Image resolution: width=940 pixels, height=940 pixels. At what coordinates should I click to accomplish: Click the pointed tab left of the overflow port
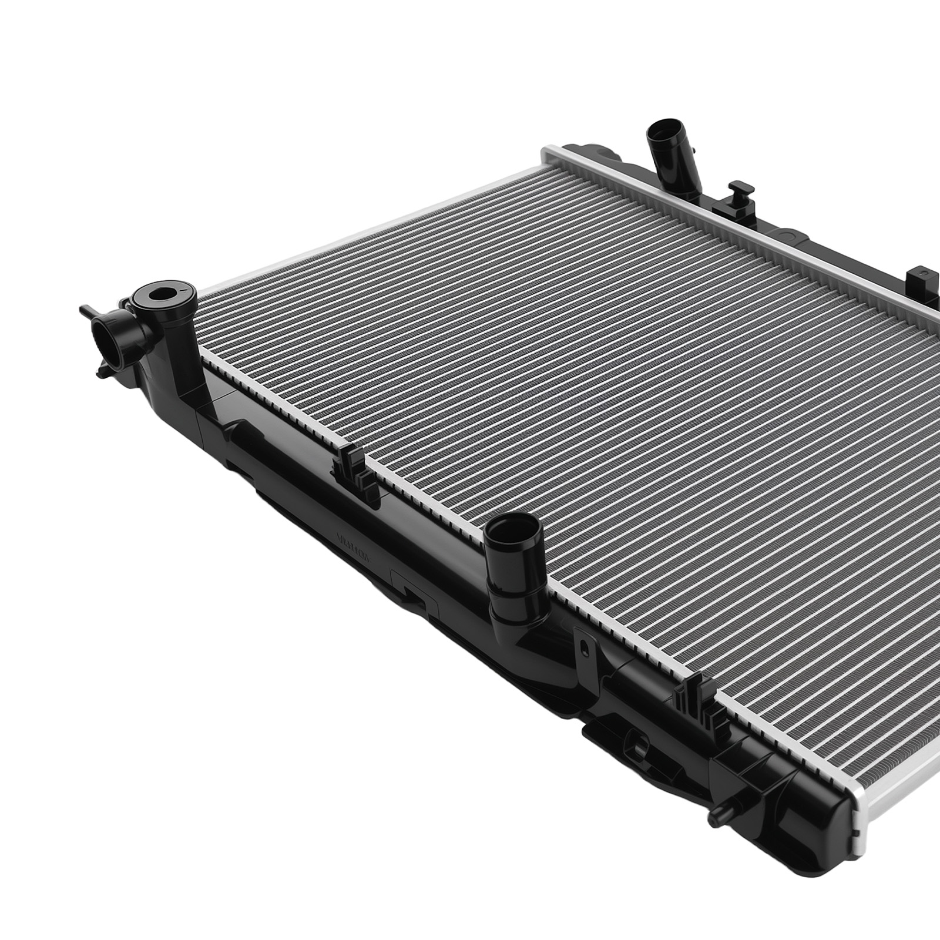pyautogui.click(x=85, y=309)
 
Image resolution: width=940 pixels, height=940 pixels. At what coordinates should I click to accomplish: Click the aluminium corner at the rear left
pyautogui.click(x=549, y=153)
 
